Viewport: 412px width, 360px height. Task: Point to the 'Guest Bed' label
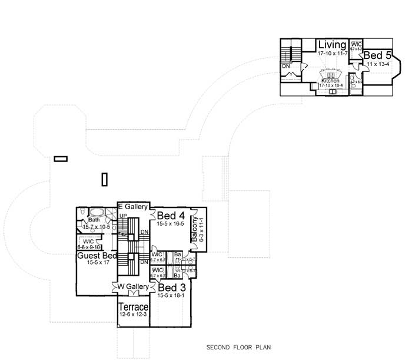tap(95, 256)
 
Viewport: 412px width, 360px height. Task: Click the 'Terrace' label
tap(133, 308)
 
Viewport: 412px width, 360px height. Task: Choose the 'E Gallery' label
tap(132, 207)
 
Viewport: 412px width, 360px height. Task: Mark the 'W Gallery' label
tap(132, 286)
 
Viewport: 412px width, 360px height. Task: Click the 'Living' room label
tap(332, 45)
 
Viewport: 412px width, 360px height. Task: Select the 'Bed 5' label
tap(376, 55)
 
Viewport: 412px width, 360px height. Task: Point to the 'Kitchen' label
tap(330, 80)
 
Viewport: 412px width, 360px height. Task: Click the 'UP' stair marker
tap(124, 216)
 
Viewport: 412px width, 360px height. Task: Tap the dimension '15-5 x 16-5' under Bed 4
tap(171, 224)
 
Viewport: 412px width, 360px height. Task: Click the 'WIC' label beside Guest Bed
tap(88, 242)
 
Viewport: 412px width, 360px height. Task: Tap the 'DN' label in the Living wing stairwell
tap(286, 67)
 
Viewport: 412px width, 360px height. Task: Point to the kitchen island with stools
tap(332, 74)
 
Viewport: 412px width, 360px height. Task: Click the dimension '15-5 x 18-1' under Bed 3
tap(171, 296)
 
